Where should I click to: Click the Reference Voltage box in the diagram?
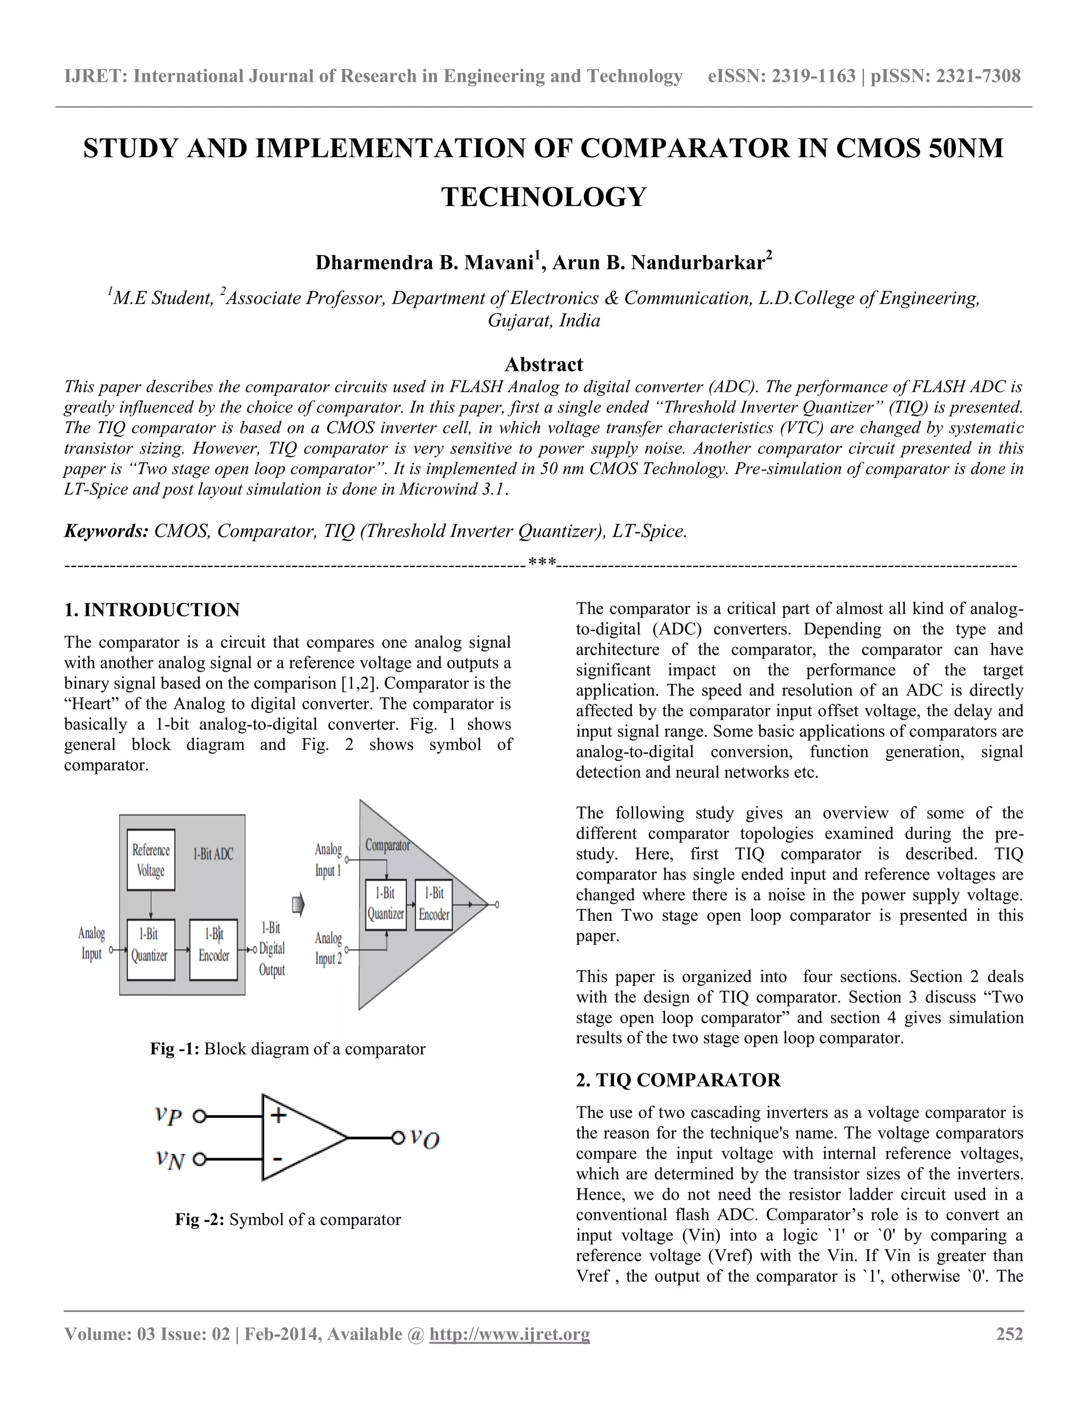tap(150, 860)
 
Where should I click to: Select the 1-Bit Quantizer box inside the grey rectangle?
tap(150, 949)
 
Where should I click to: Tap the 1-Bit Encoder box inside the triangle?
tap(434, 904)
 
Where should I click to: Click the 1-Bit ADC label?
tap(214, 854)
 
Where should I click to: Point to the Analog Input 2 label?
tap(328, 948)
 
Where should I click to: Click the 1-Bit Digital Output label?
tap(271, 948)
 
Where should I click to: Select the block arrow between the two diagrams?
tap(298, 905)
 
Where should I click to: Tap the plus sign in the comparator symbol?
tap(278, 1115)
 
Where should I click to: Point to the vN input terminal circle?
tap(200, 1160)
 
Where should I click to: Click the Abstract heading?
tap(543, 364)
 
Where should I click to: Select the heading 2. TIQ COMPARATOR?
tap(678, 1080)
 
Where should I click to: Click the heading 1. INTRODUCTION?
tap(152, 610)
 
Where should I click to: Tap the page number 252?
tap(1009, 1334)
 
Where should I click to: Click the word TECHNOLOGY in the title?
tap(543, 197)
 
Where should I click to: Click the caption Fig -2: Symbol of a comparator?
tap(288, 1220)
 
